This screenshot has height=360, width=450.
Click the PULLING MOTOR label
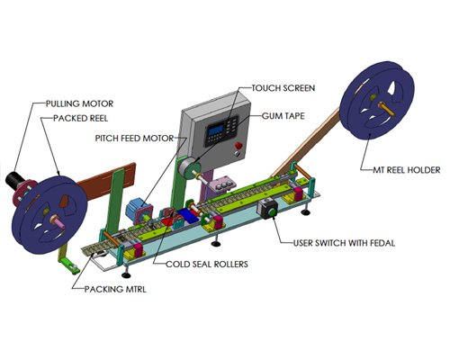pyautogui.click(x=79, y=103)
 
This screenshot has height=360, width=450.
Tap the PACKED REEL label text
pyautogui.click(x=80, y=118)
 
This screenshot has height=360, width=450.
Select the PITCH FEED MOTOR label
pyautogui.click(x=134, y=139)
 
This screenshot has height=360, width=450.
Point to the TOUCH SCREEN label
pyautogui.click(x=283, y=88)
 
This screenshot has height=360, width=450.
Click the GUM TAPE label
pyautogui.click(x=283, y=116)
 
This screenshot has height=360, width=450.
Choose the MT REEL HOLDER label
pyautogui.click(x=407, y=170)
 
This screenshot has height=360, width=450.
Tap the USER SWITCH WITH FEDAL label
pyautogui.click(x=344, y=243)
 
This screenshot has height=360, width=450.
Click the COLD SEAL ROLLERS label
pyautogui.click(x=207, y=264)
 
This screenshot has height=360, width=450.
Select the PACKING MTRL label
pyautogui.click(x=115, y=289)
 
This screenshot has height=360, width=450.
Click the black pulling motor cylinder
pyautogui.click(x=14, y=181)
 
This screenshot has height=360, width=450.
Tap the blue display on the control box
pyautogui.click(x=216, y=130)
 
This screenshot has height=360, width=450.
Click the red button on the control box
pyautogui.click(x=238, y=146)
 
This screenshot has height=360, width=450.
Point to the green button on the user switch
pyautogui.click(x=272, y=212)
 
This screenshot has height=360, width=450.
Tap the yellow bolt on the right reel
pyautogui.click(x=386, y=108)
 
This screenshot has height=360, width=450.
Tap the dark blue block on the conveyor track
pyautogui.click(x=187, y=215)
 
